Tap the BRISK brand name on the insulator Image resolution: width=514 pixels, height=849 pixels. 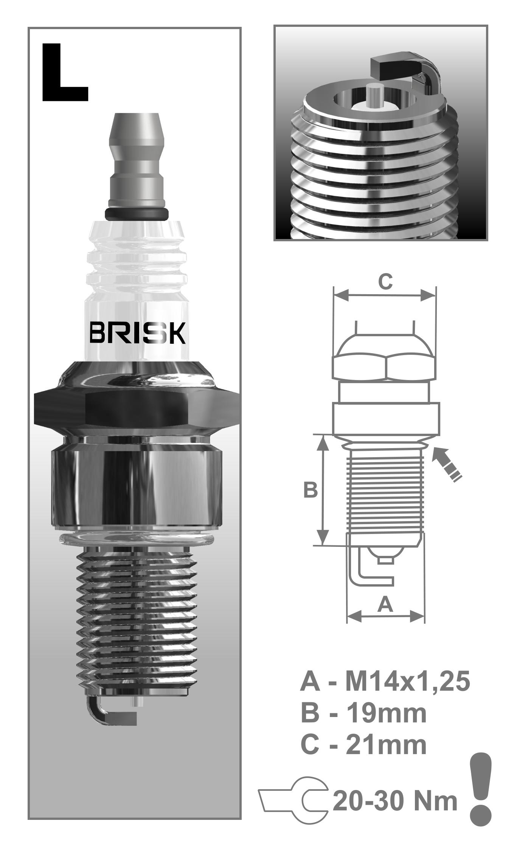pos(137,333)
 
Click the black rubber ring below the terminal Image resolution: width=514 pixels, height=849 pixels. pos(137,213)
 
